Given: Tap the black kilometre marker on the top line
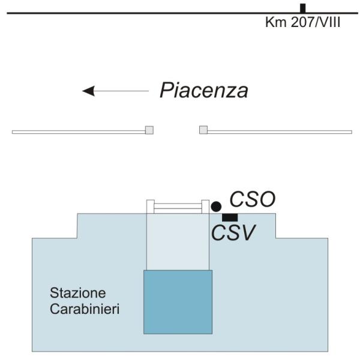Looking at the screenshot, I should coord(303,8).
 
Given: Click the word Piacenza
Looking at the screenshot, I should coord(204,91).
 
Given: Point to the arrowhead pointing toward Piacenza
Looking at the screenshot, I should coord(88,91).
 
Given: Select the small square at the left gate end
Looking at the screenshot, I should coord(149,130).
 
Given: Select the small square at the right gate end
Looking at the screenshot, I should coord(203,130).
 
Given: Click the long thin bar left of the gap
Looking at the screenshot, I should coord(78,131).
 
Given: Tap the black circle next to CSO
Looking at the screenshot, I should coord(216,206).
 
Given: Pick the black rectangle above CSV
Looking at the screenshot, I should coord(230,217).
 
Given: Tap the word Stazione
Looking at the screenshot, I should coord(78,294).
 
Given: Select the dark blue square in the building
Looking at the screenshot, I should coord(178,301).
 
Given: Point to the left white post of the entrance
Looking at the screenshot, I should coord(151,206).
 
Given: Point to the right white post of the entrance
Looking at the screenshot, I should coord(205,206).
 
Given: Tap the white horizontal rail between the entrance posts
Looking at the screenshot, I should coord(178,207).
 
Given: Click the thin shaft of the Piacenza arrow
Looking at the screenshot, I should coord(123,91).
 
